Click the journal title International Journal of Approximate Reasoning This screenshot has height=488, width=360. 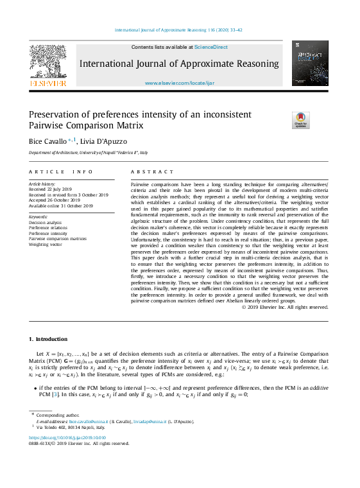click(x=179, y=64)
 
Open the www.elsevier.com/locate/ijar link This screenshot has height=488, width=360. click(x=179, y=83)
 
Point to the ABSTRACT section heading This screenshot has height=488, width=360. click(x=152, y=172)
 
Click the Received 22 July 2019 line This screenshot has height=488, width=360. click(x=53, y=189)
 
